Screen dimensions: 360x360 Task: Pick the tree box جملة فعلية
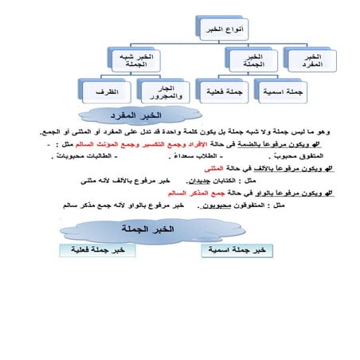(219, 92)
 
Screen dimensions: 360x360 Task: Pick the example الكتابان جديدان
(239, 181)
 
